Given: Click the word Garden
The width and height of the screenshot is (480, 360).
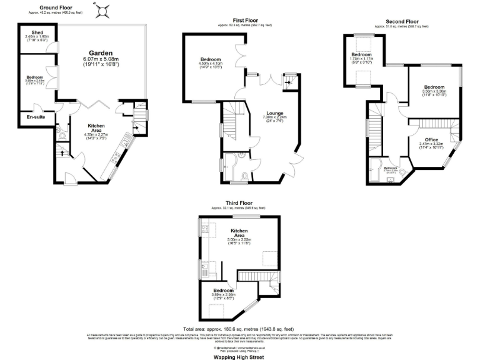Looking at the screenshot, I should click(100, 52).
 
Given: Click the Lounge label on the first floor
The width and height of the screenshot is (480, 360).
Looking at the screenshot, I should click(275, 113).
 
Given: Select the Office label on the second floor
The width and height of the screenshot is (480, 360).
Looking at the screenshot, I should click(432, 139).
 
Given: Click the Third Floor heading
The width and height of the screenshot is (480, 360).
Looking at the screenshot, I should click(239, 202).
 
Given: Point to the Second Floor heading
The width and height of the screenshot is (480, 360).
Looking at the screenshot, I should click(401, 22).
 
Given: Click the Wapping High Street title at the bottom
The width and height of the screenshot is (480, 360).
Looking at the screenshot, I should click(239, 357).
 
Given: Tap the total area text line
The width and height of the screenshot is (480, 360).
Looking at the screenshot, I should click(239, 329).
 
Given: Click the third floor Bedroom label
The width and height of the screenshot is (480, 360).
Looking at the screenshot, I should click(223, 291).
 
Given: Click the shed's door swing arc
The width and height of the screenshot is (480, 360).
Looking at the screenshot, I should click(54, 47).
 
